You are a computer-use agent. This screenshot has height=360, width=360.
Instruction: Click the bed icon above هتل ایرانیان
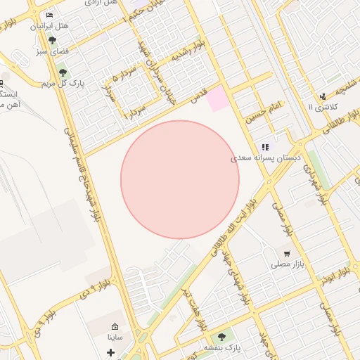coord(49,15)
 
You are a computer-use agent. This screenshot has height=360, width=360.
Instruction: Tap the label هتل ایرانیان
coord(49,26)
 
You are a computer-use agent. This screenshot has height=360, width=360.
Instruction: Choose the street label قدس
coord(200,94)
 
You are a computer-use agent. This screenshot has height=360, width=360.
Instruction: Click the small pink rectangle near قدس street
coord(217,98)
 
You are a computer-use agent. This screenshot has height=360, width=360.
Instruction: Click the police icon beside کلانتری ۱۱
coord(322,96)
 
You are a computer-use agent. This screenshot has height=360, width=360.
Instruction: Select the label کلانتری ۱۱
coord(323,107)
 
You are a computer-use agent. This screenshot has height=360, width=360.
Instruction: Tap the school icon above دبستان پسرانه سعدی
coord(265,148)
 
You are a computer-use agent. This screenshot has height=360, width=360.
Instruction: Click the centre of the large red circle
coord(180,179)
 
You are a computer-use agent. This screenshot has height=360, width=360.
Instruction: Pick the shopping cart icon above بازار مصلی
coord(286,253)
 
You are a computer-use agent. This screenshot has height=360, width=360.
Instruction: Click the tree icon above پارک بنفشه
coord(222,337)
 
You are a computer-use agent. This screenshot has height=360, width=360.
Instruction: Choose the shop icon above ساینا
coord(115,327)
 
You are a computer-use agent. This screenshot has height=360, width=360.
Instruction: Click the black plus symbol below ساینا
coord(110,351)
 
